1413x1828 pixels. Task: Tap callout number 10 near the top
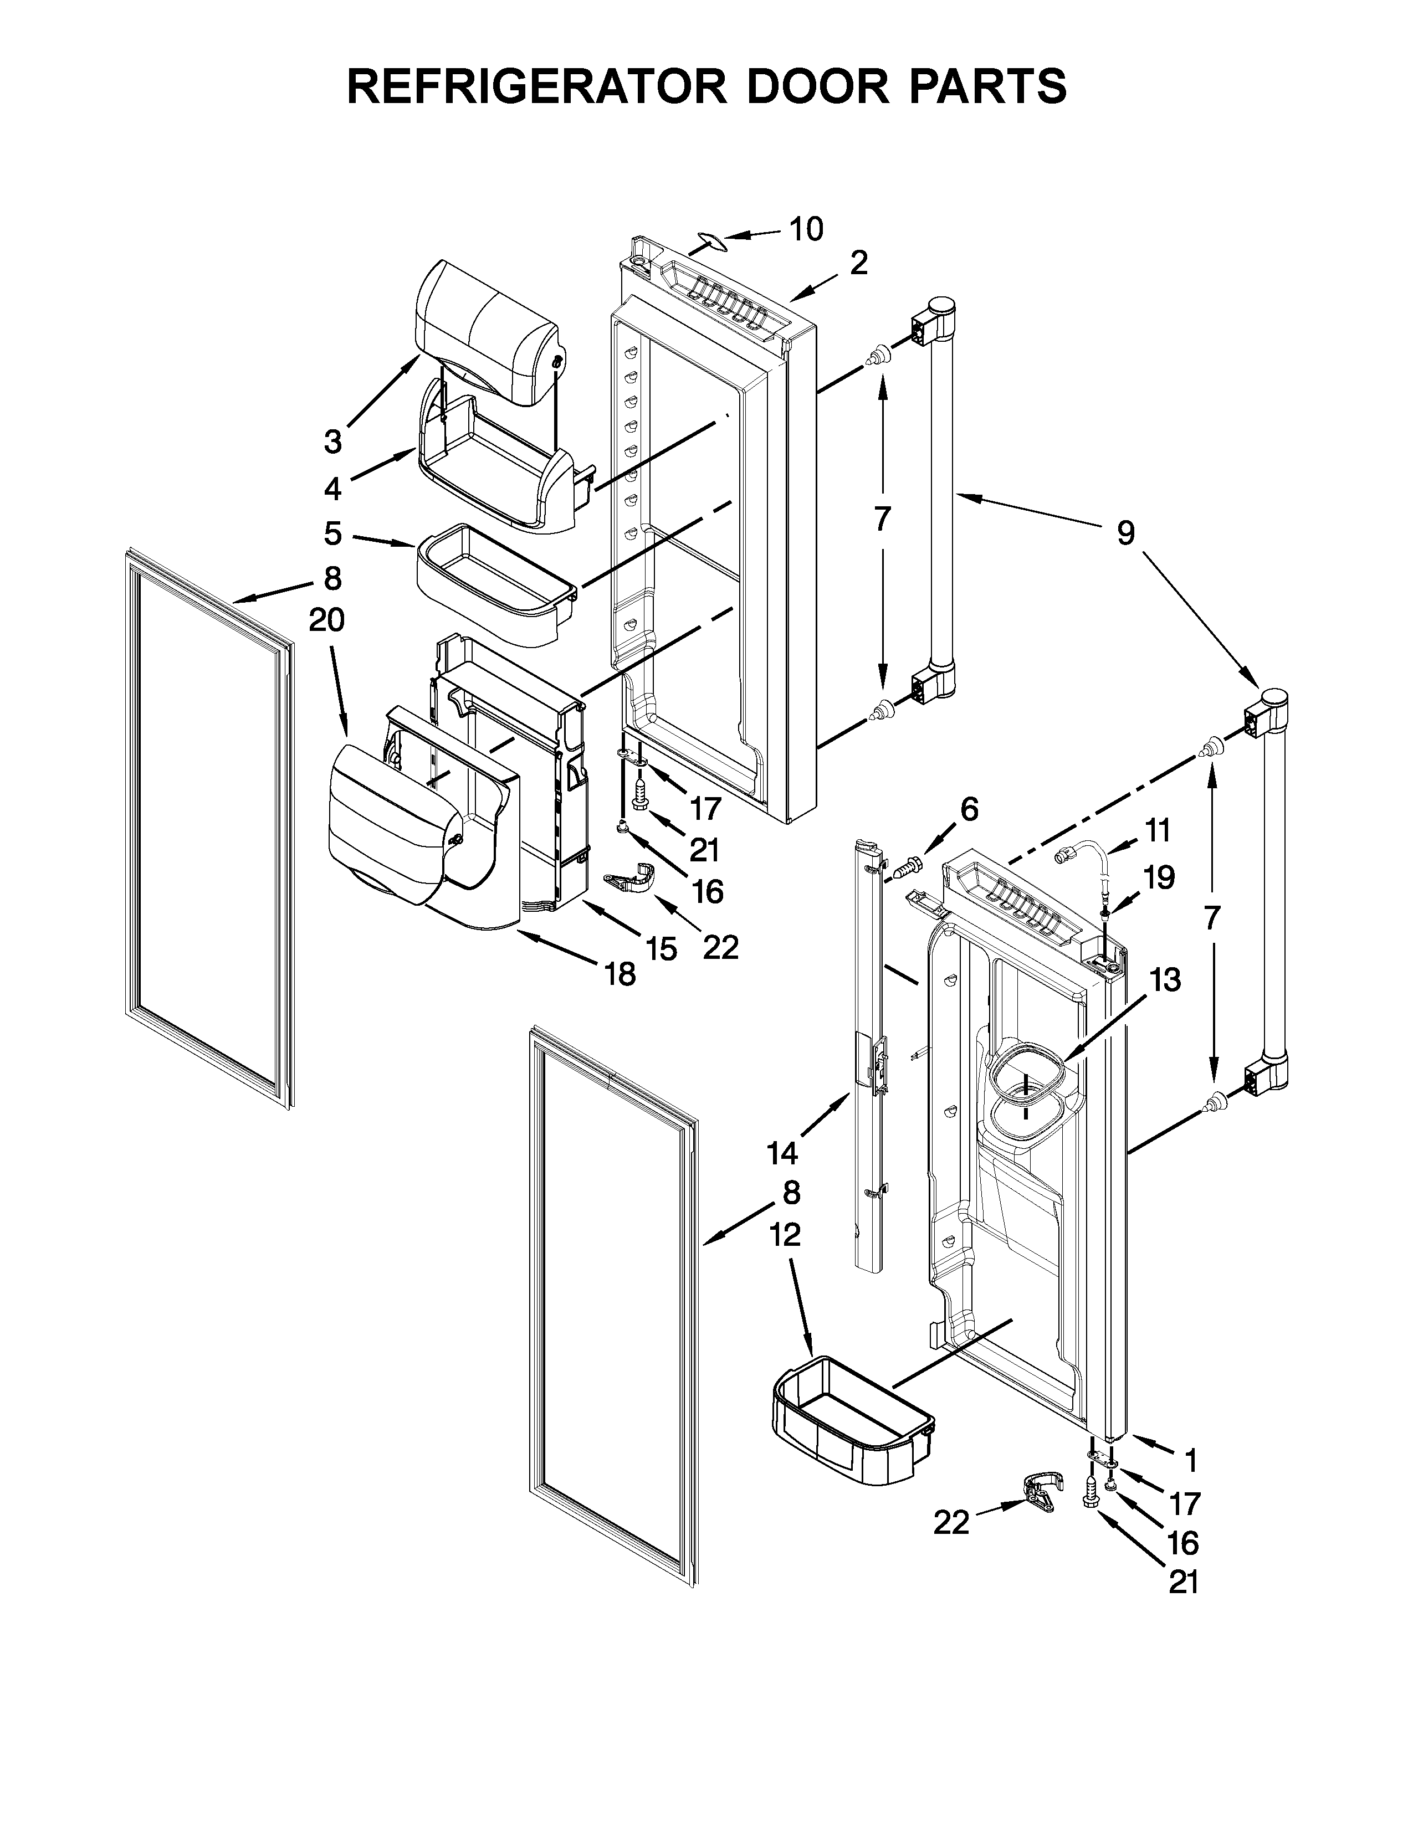[x=806, y=228]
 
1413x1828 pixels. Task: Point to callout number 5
[x=333, y=533]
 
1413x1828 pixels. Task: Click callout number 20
[x=326, y=620]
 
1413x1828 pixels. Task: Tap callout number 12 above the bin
[x=784, y=1235]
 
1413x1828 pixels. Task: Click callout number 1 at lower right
[x=1190, y=1461]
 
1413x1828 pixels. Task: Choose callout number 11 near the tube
[x=1158, y=831]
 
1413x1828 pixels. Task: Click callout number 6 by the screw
[x=969, y=809]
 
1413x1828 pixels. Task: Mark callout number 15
[x=661, y=948]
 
